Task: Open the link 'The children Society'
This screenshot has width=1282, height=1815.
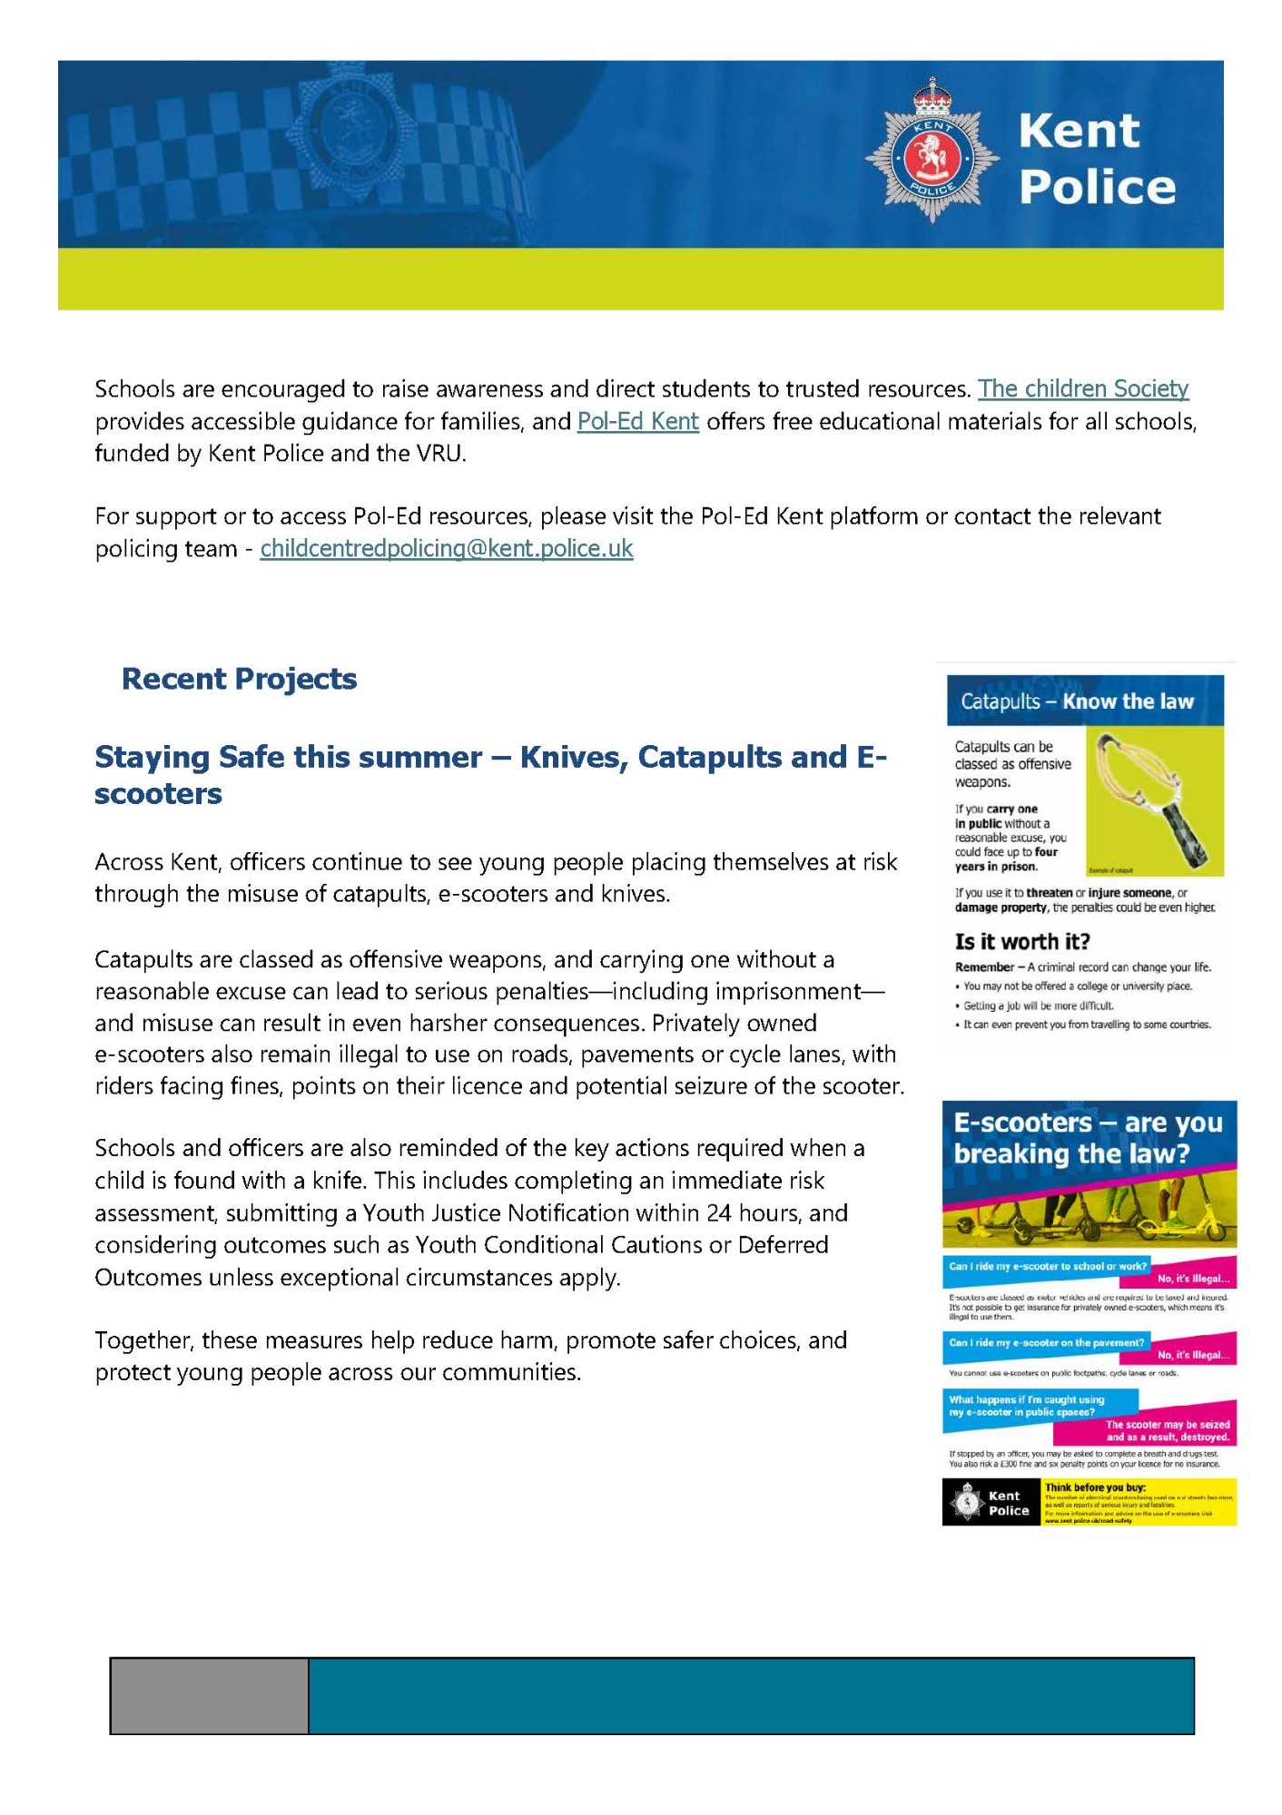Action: click(1082, 389)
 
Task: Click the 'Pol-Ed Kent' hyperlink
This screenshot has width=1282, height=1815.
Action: click(637, 422)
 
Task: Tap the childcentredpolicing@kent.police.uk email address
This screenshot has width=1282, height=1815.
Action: click(446, 549)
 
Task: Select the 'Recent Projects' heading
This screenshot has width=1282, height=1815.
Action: click(239, 679)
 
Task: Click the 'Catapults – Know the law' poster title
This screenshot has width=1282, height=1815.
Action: click(1077, 701)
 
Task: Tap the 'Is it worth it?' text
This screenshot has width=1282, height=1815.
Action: click(1021, 941)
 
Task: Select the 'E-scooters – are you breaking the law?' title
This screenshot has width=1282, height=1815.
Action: click(1088, 1138)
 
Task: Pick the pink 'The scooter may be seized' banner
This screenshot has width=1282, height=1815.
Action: click(1166, 1431)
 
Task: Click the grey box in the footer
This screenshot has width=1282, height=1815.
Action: click(209, 1695)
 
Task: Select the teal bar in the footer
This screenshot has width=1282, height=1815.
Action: click(751, 1695)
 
